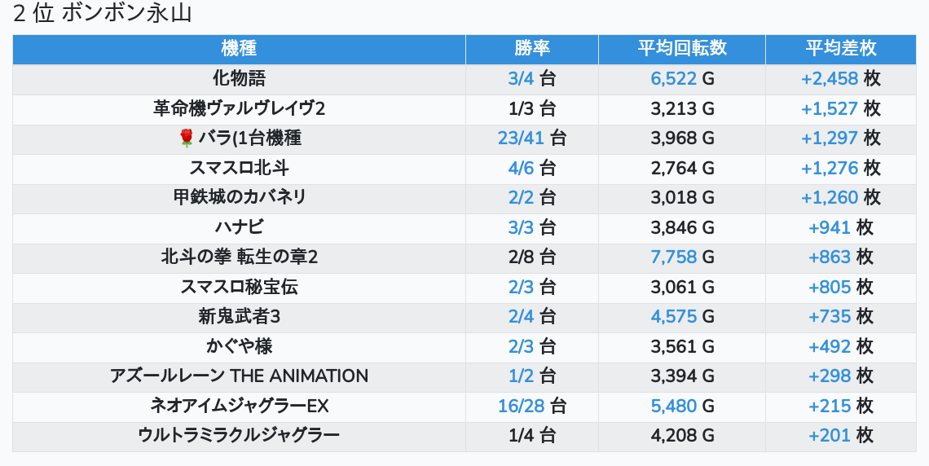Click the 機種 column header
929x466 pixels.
(239, 49)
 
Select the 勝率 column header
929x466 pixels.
(531, 49)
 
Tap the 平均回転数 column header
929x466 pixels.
(681, 49)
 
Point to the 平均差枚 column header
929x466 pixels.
(840, 49)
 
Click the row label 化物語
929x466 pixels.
(239, 79)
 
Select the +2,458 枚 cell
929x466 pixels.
(840, 79)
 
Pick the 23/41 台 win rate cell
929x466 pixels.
(531, 138)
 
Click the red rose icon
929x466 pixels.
(186, 138)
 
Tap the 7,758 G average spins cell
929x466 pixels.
(681, 257)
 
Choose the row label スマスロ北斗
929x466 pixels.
(239, 169)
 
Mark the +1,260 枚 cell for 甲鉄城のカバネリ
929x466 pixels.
(840, 198)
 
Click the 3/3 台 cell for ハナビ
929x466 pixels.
(531, 228)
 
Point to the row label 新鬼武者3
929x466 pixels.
(239, 317)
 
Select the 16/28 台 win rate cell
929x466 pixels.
(531, 406)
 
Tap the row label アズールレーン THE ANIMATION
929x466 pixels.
(239, 376)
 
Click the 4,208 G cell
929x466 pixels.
(681, 436)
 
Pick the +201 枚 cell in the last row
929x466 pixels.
(840, 436)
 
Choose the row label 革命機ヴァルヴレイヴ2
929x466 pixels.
(239, 109)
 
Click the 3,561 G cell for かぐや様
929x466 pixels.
(681, 347)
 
